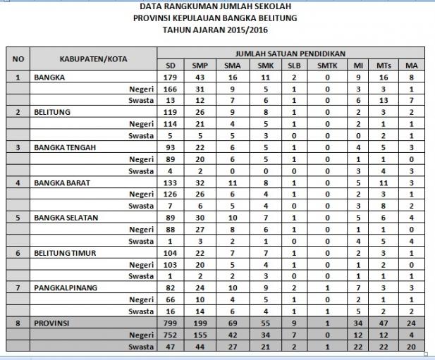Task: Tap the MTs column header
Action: [385, 66]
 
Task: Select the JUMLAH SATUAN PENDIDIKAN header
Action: [289, 54]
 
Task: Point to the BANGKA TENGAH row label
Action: [64, 147]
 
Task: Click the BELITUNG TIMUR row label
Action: [66, 252]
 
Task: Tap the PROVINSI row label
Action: [52, 323]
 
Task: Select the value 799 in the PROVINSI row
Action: [169, 323]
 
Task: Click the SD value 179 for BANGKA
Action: [169, 77]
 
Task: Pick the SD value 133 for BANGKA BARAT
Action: [169, 182]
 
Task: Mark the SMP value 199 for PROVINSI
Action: [200, 323]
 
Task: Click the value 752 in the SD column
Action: [169, 335]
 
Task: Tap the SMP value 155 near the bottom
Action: [200, 335]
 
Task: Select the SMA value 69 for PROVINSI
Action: [231, 323]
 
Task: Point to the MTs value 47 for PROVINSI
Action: [385, 323]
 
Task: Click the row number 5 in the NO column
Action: [17, 217]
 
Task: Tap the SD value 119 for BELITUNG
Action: [169, 112]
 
